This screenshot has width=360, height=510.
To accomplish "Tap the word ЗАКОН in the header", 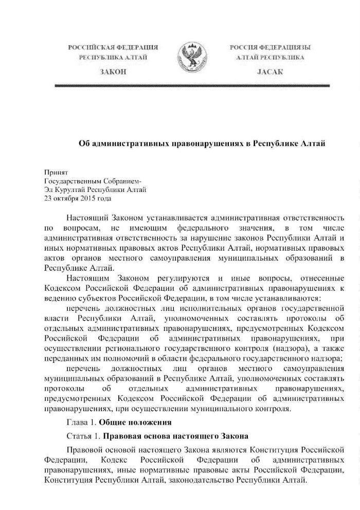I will coord(109,71).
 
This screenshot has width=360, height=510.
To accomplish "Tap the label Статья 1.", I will coord(83,437).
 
